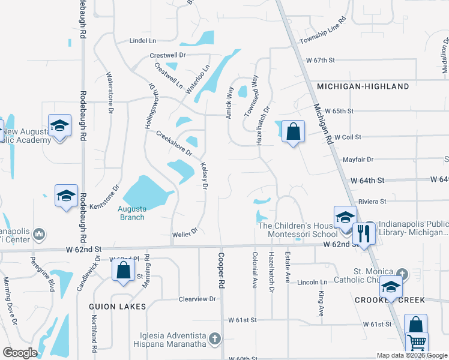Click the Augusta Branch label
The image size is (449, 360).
(x=131, y=213)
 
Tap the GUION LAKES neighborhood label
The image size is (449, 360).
(x=118, y=307)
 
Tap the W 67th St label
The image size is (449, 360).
(x=319, y=61)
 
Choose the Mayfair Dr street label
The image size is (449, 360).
(x=358, y=160)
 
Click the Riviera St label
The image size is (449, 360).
(x=372, y=202)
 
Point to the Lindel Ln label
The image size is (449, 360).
(x=142, y=41)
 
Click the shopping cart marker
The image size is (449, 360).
(x=417, y=343)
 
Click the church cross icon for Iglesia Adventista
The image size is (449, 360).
(x=214, y=340)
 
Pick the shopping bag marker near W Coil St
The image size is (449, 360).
(x=293, y=131)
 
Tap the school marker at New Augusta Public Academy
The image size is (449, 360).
(x=59, y=125)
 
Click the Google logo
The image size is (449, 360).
(x=20, y=353)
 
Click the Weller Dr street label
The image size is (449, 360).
(x=185, y=231)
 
